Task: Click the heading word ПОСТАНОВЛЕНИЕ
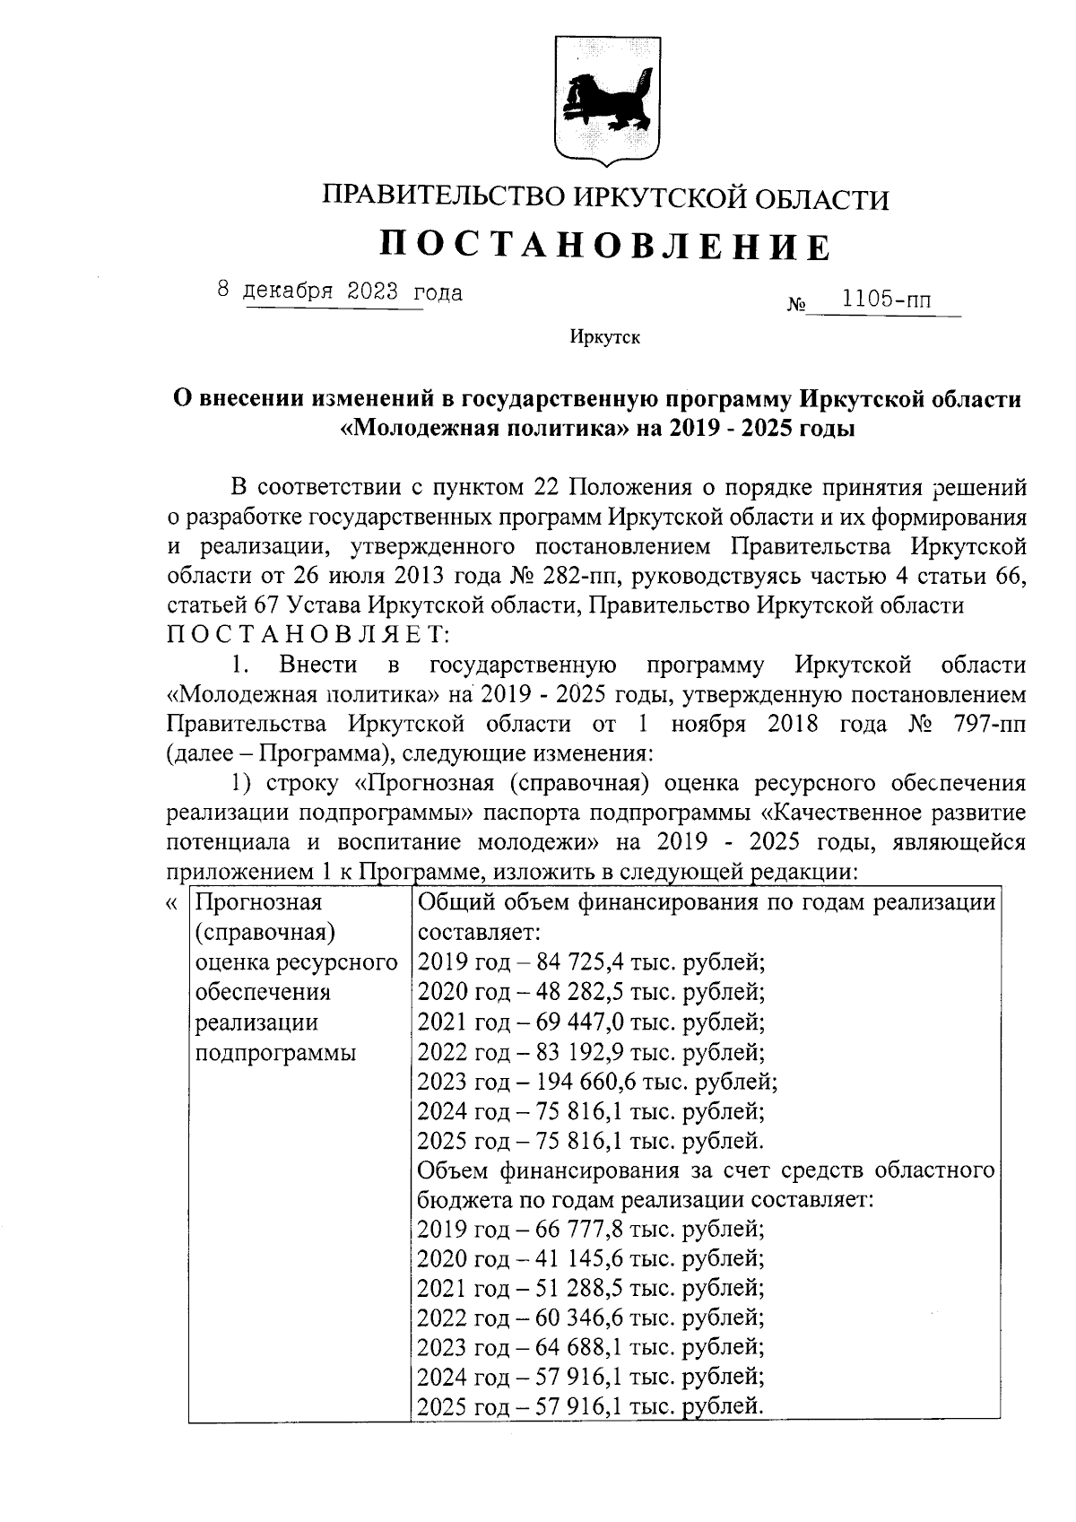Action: coord(605,246)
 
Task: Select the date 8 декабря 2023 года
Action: coord(340,291)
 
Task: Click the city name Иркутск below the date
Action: coord(604,338)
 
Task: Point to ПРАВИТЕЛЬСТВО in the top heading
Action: coord(443,198)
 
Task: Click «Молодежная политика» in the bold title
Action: coord(484,428)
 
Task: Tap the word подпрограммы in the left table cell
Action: coord(275,1053)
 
